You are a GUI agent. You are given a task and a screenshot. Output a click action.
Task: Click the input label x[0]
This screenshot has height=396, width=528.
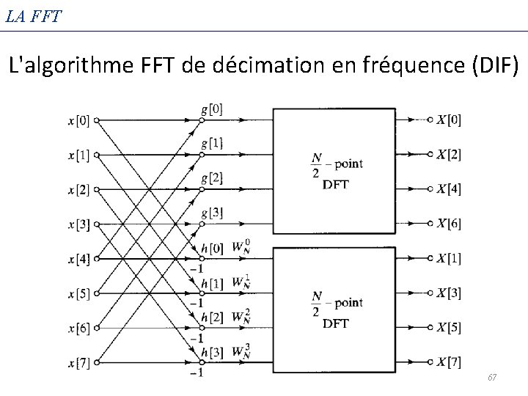tap(78, 120)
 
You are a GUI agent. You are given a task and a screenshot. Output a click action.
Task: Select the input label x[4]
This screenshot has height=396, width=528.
tap(78, 259)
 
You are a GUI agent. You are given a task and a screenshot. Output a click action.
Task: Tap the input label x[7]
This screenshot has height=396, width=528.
tap(78, 362)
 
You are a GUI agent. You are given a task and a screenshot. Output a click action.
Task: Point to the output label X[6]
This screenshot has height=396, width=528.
tap(449, 223)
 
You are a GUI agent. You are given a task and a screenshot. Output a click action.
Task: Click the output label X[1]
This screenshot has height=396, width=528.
tap(449, 258)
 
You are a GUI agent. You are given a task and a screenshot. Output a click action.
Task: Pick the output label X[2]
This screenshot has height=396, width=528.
tap(449, 155)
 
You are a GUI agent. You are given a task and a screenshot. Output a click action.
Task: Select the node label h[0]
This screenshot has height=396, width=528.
tap(212, 248)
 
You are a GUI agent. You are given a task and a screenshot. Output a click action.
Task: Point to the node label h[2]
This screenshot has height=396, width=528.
tap(212, 317)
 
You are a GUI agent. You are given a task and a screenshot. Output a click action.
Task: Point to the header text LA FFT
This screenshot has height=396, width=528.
tap(34, 14)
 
